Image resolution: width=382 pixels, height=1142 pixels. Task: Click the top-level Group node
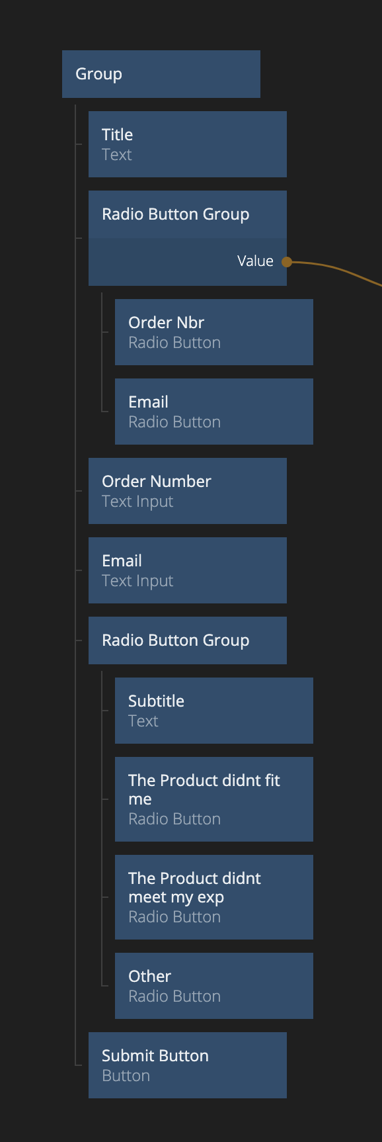coord(161,74)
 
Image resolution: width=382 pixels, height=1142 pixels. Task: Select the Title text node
coord(188,144)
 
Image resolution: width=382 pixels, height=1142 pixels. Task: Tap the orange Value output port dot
coord(287,262)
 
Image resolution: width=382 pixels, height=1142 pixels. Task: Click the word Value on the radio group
coord(255,261)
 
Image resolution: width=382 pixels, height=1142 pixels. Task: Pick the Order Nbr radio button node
coord(214,332)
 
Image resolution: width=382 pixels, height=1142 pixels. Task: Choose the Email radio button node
coord(214,412)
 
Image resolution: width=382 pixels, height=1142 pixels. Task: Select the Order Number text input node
coord(188,491)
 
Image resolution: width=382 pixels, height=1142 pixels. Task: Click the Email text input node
coord(188,570)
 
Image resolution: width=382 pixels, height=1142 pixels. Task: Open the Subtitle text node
coord(214,711)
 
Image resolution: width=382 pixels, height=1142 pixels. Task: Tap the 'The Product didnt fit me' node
coord(214,799)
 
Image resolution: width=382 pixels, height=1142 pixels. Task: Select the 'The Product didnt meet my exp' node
coord(214,897)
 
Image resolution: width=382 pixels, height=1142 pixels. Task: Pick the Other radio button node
coord(214,986)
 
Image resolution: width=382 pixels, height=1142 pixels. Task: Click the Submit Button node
coord(188,1065)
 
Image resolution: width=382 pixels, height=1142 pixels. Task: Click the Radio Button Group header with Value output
coord(188,214)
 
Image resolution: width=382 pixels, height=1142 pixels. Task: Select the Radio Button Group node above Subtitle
coord(188,640)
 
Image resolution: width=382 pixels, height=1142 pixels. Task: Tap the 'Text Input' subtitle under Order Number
coord(137,502)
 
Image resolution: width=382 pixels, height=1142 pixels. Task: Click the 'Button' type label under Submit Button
coord(126,1076)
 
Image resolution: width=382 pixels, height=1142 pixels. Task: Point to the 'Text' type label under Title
coord(117,155)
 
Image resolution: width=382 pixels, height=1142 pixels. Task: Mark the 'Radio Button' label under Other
coord(174,996)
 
